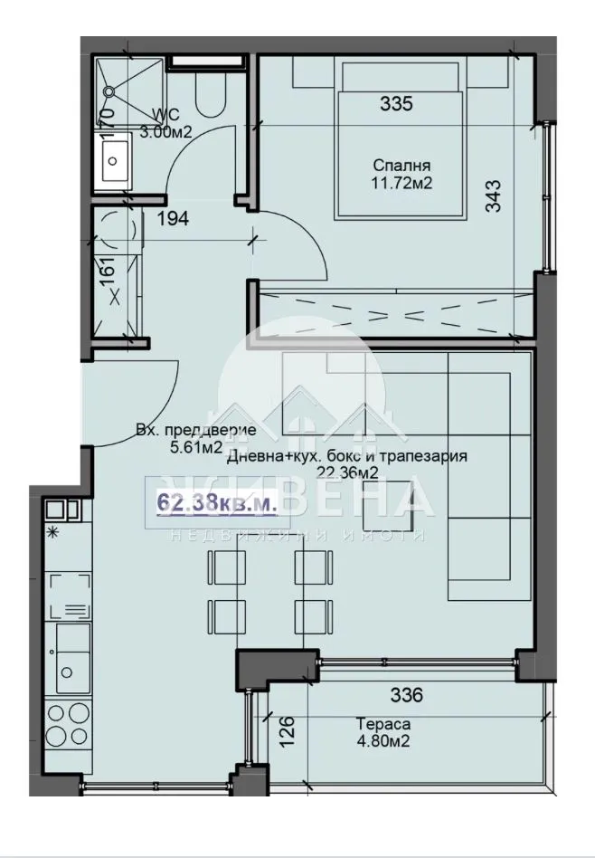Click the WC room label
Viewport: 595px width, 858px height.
(x=167, y=114)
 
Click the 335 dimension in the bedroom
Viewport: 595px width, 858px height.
(x=396, y=103)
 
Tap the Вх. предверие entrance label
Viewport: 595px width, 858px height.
(x=195, y=431)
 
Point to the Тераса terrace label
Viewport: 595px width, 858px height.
(x=383, y=723)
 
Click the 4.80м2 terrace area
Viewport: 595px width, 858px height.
(x=383, y=739)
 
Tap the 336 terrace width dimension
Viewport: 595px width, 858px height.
(x=406, y=696)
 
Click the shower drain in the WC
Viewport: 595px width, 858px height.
(x=109, y=91)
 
